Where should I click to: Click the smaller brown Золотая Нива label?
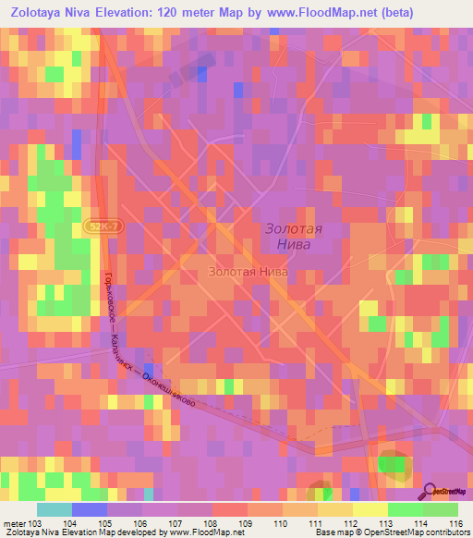point(248,273)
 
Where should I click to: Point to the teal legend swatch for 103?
point(55,509)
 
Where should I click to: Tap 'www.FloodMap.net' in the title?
point(304,11)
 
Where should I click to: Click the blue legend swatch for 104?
point(90,509)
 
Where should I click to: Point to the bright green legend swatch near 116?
point(440,509)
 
